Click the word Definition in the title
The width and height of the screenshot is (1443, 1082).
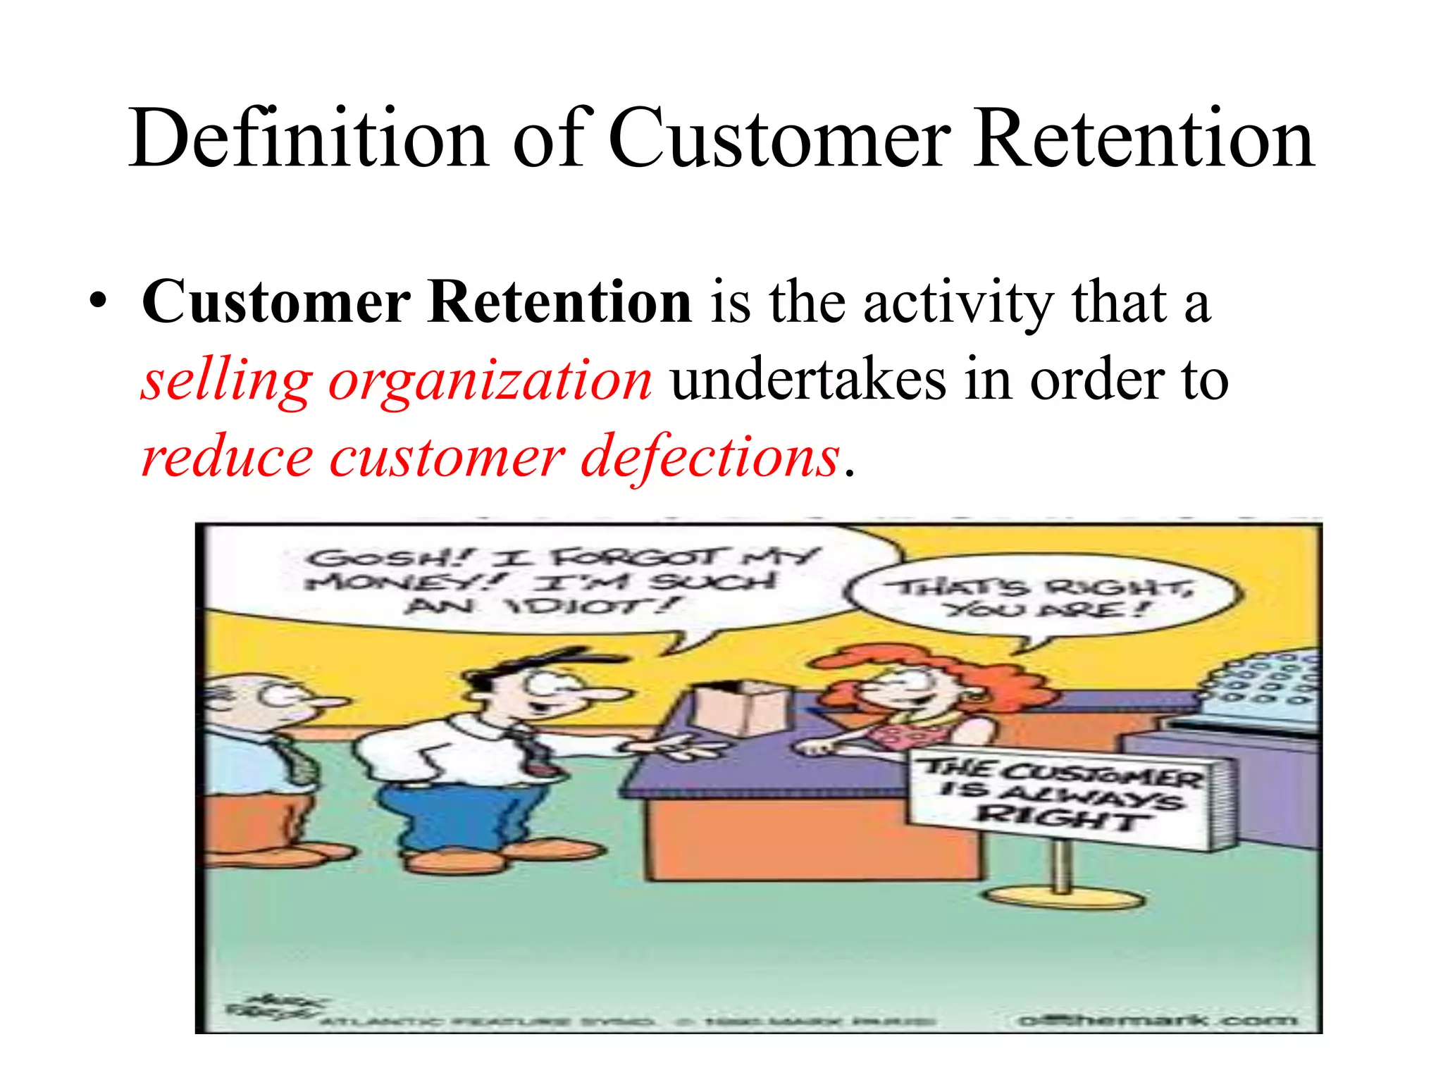coord(309,138)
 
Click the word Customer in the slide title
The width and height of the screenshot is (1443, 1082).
coord(779,138)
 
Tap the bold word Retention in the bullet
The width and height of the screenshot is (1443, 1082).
coord(560,302)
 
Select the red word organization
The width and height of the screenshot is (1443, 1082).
coord(490,380)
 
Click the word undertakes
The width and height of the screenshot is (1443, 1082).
coord(808,380)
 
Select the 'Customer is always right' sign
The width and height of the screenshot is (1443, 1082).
coord(1064,796)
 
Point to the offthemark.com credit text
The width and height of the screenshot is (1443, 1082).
coord(1156,1019)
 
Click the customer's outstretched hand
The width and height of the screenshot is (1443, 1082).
coord(676,747)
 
